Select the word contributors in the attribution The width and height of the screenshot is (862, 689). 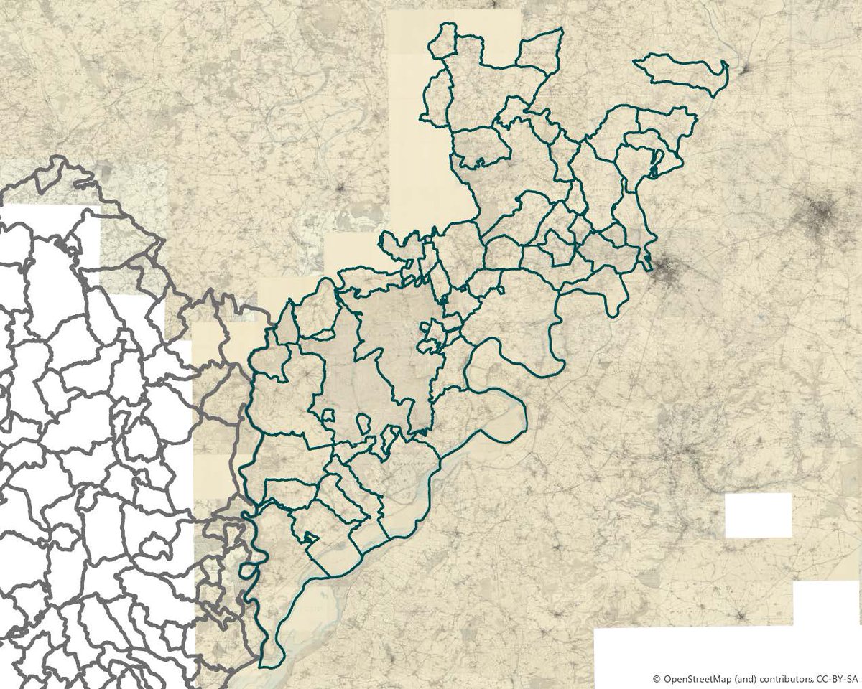pyautogui.click(x=782, y=678)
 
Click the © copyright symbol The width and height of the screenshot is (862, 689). pyautogui.click(x=656, y=678)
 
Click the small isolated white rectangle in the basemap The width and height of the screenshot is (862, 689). pyautogui.click(x=758, y=515)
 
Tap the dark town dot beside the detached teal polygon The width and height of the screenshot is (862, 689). pyautogui.click(x=746, y=70)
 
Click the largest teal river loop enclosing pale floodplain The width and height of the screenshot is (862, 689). pyautogui.click(x=496, y=416)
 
